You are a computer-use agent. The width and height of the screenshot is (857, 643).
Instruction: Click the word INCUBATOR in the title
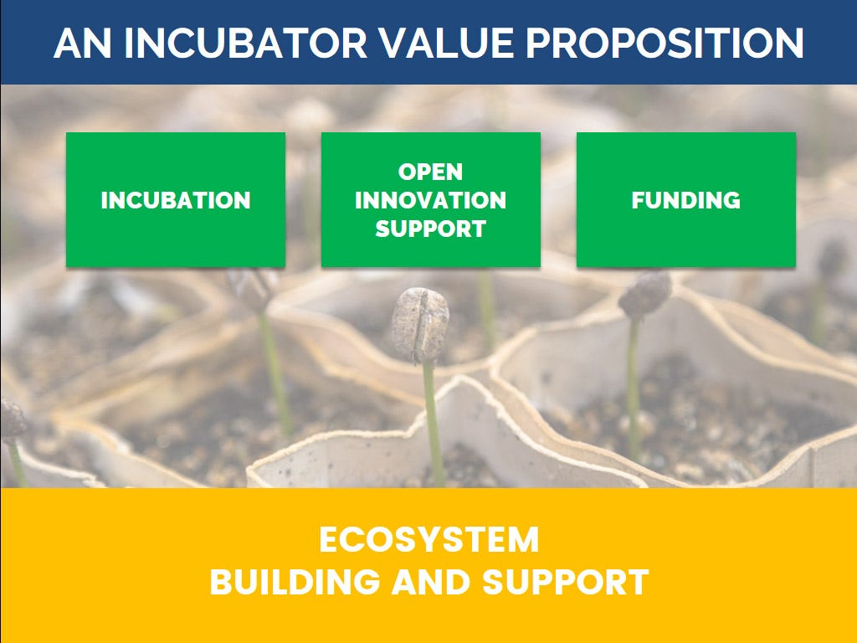(x=245, y=43)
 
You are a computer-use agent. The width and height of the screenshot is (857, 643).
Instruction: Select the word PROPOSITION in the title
(x=665, y=43)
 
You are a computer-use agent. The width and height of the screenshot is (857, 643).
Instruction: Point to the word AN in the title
(x=83, y=43)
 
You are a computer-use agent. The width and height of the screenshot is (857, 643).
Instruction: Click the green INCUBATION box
(x=176, y=199)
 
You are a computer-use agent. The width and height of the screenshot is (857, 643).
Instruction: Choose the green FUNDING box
(x=686, y=199)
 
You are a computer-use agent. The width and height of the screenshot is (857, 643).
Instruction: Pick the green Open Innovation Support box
(x=431, y=199)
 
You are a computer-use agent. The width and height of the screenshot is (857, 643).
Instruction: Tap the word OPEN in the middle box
(x=431, y=172)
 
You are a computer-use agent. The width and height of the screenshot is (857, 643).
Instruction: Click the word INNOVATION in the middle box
(x=431, y=200)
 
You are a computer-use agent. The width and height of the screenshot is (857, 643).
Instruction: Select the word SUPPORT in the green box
(x=431, y=229)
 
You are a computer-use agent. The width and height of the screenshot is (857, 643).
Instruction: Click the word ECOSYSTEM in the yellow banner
(x=429, y=540)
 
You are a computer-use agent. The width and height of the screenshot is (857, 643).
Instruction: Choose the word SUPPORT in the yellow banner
(x=566, y=582)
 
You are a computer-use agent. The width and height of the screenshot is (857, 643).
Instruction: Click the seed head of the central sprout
(x=420, y=325)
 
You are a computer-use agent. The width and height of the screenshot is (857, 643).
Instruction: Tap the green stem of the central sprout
(x=433, y=424)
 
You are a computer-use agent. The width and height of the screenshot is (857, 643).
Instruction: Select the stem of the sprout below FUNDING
(x=634, y=388)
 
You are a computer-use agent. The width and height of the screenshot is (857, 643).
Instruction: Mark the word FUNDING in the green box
(x=686, y=200)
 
